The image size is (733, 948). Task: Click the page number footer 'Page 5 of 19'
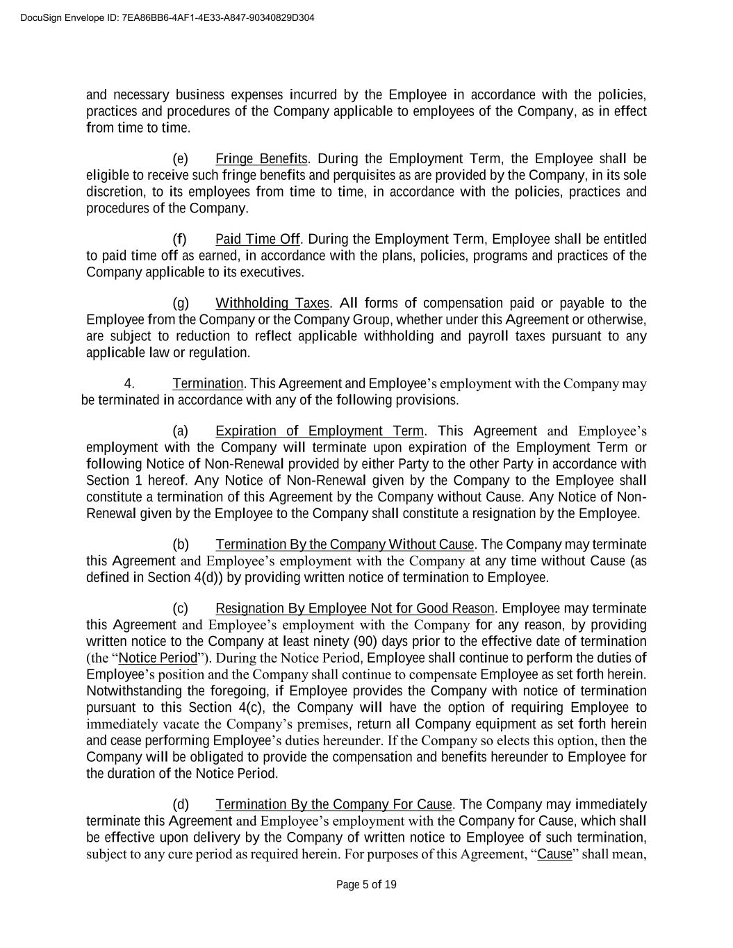[366, 884]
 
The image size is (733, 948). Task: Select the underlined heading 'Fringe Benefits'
[261, 158]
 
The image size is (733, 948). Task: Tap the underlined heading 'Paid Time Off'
[257, 240]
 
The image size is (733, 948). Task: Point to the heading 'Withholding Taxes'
[272, 303]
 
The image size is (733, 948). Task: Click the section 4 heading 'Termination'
[208, 384]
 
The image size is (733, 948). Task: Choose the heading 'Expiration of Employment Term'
[319, 431]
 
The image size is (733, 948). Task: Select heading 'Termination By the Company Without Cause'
[345, 544]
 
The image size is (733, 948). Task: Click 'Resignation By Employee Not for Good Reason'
[354, 609]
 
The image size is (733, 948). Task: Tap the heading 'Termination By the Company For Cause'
[333, 805]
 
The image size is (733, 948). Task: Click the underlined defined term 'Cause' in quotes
[554, 854]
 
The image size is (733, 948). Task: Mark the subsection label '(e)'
[180, 158]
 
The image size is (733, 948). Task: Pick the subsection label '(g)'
[180, 303]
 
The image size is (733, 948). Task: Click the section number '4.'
[129, 384]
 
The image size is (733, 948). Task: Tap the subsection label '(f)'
[179, 240]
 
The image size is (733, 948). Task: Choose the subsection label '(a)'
[180, 431]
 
